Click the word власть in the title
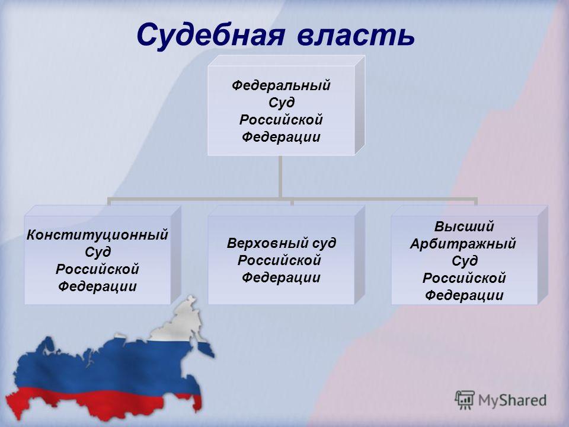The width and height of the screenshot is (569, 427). point(356,35)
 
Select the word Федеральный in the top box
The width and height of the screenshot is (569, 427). point(281,85)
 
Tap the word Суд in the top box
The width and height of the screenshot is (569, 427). point(281,103)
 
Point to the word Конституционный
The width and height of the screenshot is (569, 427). point(97,235)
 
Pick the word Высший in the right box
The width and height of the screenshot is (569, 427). point(464,227)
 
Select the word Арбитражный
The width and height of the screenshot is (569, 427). point(463,244)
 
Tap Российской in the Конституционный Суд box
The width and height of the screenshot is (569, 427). point(97,269)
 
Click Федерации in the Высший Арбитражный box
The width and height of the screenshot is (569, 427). point(464,295)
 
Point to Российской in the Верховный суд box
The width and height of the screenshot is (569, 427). point(279,261)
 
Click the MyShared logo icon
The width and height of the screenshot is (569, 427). point(465,400)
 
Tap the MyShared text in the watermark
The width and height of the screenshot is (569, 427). point(512,400)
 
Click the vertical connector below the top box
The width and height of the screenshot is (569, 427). point(280,177)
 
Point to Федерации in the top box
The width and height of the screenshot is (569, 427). point(281,137)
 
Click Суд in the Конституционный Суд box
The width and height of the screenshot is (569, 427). point(98,253)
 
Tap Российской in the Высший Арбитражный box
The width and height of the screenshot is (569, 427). point(464,278)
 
